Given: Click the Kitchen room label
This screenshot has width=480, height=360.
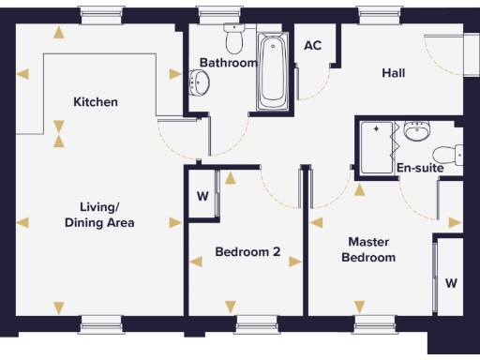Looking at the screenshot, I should coord(96,101).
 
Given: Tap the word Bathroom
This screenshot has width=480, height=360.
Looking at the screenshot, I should coord(228,63).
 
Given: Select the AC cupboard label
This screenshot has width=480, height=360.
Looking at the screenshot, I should coord(313,46).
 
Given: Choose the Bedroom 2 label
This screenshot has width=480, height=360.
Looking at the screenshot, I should coord(247,251).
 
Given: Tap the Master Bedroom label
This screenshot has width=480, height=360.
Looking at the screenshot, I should coord(367,249).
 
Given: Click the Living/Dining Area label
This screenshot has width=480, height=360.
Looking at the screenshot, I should coord(99,215).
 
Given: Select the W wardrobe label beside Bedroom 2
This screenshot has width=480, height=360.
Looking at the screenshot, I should coord(202,197).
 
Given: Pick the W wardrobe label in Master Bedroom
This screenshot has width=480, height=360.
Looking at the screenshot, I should coord(451,282).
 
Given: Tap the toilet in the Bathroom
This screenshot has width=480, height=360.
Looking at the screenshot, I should coord(233,38).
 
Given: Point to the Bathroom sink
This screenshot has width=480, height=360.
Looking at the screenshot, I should coord(198,84).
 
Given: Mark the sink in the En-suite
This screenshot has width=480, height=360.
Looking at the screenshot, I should coord(418,132).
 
